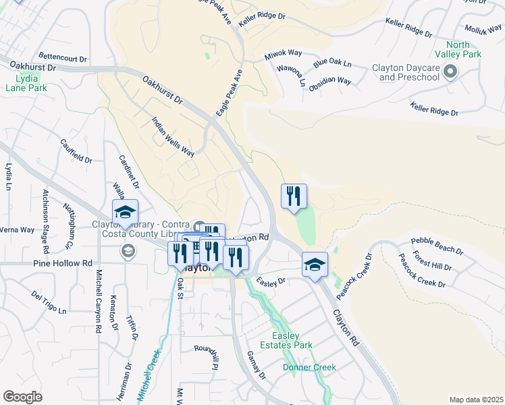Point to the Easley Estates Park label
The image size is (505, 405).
click(292, 340)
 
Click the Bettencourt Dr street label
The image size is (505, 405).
click(63, 58)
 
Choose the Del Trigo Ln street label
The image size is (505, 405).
click(49, 302)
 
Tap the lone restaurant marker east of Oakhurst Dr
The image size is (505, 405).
click(294, 196)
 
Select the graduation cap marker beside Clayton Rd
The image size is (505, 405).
click(315, 265)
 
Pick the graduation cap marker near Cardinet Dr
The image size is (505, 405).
click(125, 212)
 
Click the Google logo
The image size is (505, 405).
click(23, 397)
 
